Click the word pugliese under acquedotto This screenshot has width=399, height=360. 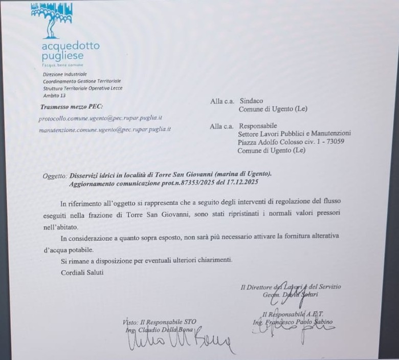tap(62, 56)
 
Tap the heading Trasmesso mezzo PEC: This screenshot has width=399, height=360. tap(71, 107)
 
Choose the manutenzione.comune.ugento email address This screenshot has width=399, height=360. tap(105, 130)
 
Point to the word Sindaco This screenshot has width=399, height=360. tap(251, 101)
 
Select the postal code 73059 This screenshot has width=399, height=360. tap(334, 142)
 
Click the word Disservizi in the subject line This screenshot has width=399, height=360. tap(86, 175)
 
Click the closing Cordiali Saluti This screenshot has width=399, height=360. tap(82, 272)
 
